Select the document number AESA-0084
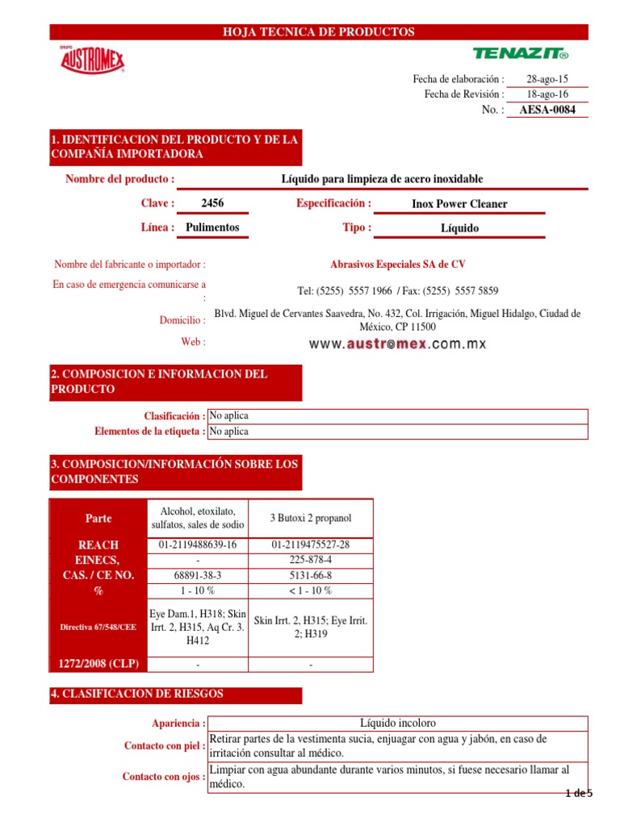point(548,110)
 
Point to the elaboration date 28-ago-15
point(547,79)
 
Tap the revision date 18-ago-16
point(547,94)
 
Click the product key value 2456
point(212,204)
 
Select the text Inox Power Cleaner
point(459,204)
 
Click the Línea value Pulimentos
point(212,227)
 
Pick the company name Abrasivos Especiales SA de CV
point(397,265)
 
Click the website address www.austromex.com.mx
point(398,344)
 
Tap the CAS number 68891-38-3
point(198,575)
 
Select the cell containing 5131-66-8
point(311,575)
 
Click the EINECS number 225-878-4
point(311,560)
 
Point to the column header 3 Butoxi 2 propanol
point(311,518)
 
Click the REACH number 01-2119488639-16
point(198,544)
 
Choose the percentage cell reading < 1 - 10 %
point(311,590)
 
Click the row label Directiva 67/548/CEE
point(98,627)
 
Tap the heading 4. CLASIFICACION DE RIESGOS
point(137,694)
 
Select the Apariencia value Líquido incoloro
point(397,723)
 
